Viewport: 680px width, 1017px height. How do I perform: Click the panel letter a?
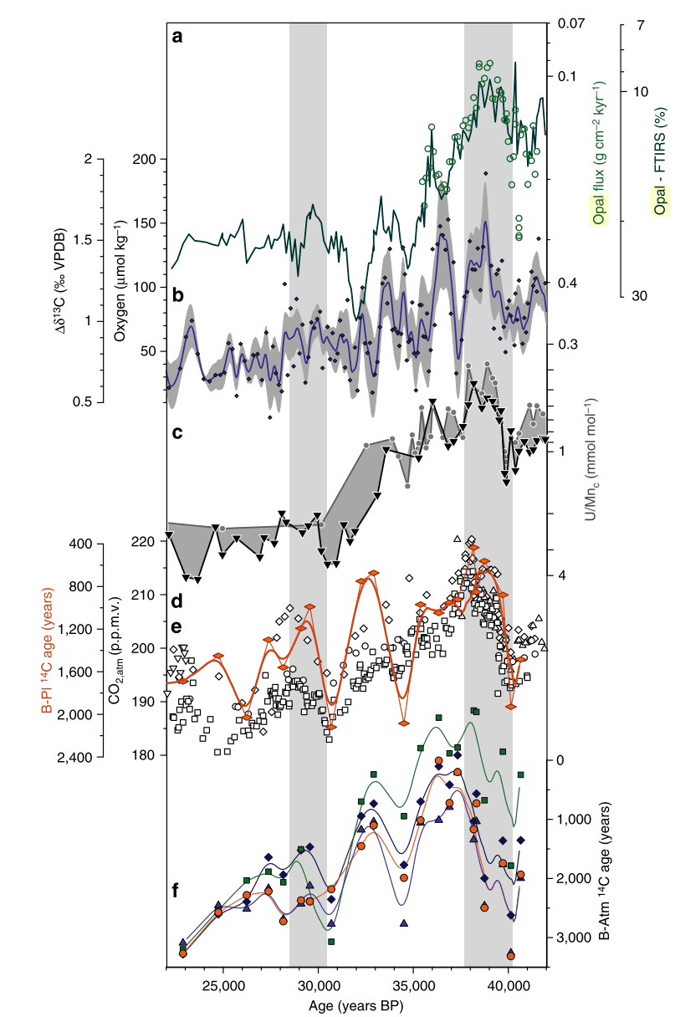177,36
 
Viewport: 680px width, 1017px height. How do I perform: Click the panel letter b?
177,295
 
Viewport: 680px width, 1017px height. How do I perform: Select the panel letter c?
177,433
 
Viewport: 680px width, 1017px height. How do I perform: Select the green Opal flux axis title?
600,154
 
